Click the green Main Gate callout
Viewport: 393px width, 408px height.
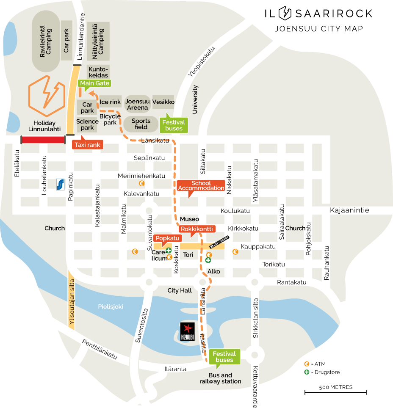tap(94, 83)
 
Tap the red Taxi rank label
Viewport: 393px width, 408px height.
tap(87, 145)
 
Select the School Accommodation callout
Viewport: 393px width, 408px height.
tap(201, 185)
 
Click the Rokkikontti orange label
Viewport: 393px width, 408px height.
tap(196, 229)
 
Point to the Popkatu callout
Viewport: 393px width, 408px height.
tap(168, 238)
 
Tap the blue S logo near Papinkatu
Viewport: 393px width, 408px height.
tap(61, 185)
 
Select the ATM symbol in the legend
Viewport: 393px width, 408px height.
tap(306, 364)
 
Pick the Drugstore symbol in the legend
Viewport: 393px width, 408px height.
tap(306, 372)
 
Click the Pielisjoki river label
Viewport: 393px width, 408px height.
tap(111, 306)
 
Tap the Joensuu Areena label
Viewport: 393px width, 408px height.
tap(138, 105)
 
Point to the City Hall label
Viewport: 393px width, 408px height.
tap(180, 291)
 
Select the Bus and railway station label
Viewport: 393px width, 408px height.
tap(220, 378)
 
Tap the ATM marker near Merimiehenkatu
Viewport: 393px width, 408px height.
tap(142, 184)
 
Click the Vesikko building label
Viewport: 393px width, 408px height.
tap(163, 102)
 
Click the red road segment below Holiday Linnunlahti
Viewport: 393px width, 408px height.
tap(43, 140)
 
